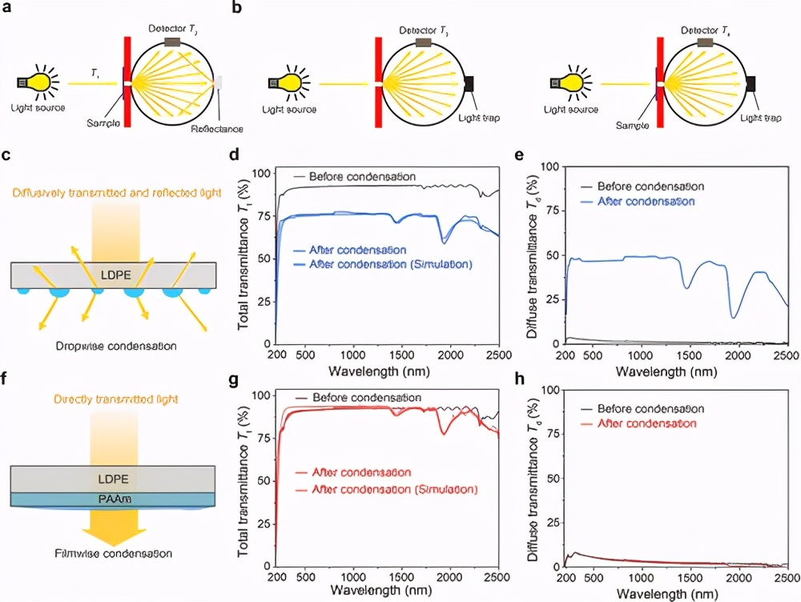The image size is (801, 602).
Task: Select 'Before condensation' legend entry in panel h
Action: pyautogui.click(x=650, y=408)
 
